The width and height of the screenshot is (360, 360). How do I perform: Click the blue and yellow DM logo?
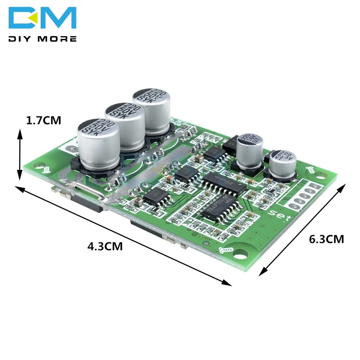click(x=42, y=18)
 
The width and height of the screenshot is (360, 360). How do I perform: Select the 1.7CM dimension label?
click(x=44, y=121)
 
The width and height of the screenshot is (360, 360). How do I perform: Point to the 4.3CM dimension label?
click(x=105, y=247)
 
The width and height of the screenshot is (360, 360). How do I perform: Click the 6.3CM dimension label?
click(x=327, y=239)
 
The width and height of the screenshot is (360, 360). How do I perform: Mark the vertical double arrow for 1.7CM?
click(x=20, y=155)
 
